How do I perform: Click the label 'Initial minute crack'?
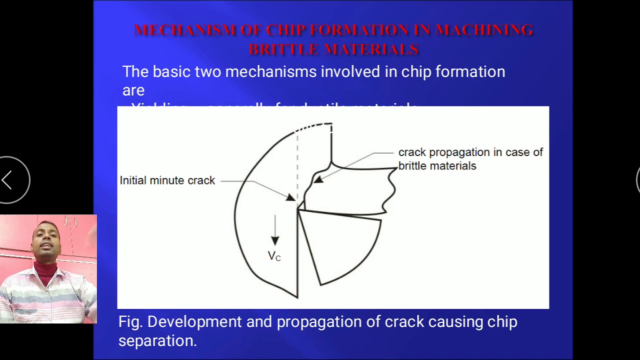click(x=167, y=180)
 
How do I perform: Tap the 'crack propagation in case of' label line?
click(x=470, y=152)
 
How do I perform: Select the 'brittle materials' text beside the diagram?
click(x=437, y=166)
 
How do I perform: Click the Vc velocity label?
click(x=274, y=256)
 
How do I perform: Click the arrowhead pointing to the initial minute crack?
click(x=290, y=198)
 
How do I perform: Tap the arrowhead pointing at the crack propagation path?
click(x=318, y=178)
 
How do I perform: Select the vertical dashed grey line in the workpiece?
click(x=297, y=165)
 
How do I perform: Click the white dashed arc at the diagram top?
click(x=315, y=125)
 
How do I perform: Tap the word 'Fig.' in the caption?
click(x=130, y=321)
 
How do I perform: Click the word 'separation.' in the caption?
click(x=157, y=341)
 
